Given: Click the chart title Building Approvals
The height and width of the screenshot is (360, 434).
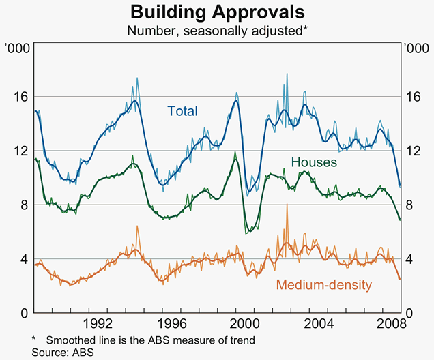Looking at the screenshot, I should click(218, 12).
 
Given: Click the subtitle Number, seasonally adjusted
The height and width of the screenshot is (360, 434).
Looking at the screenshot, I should click(218, 30).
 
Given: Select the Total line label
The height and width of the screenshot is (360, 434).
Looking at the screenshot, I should click(182, 111).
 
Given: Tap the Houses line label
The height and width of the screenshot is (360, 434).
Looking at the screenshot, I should click(314, 162).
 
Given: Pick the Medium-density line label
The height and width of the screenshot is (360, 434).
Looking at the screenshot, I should click(324, 284).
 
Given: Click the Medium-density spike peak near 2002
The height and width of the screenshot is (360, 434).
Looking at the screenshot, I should click(287, 205).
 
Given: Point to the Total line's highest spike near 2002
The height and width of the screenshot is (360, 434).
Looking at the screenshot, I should click(287, 74).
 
